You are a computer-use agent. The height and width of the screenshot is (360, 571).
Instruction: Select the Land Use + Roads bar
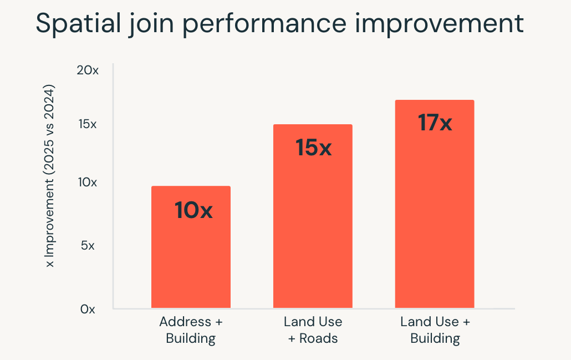coord(313,233)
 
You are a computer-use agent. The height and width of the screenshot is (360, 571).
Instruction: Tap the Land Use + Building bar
coord(435,222)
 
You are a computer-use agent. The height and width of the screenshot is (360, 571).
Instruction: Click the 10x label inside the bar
coord(193,211)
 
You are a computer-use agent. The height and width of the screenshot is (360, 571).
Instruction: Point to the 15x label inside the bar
coord(313,148)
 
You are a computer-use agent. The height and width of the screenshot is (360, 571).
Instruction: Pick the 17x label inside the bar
coord(435,123)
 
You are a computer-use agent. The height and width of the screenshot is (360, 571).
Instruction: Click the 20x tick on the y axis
coord(88,71)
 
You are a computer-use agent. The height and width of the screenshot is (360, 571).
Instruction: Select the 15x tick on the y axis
coord(87,124)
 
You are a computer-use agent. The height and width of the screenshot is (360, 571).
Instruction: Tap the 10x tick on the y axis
coord(87,182)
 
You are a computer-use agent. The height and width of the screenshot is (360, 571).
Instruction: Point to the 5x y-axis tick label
coord(88,245)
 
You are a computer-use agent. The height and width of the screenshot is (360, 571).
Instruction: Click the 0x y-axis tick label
coord(88,309)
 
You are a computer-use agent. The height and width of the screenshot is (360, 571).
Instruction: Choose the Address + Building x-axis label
coord(191,330)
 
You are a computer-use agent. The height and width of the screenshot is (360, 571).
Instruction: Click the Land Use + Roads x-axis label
coord(313,330)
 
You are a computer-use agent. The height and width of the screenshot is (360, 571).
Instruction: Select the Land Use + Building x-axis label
coord(435,330)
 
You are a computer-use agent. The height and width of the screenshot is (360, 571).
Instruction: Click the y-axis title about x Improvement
coord(50,176)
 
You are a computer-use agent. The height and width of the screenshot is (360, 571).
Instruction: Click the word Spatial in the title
coord(72,24)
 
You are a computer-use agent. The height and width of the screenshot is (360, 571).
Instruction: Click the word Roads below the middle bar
coord(319,338)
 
